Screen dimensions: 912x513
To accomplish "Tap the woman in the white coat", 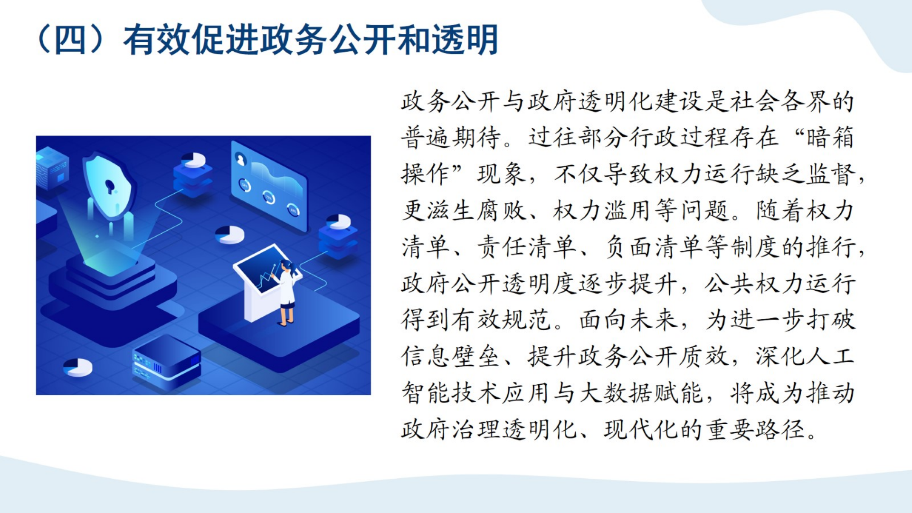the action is tap(287, 293).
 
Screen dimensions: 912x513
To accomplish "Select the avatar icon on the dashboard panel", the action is tap(241, 160).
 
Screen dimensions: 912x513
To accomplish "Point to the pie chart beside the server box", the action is tap(78, 367).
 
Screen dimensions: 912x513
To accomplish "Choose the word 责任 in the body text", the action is tap(501, 247).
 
